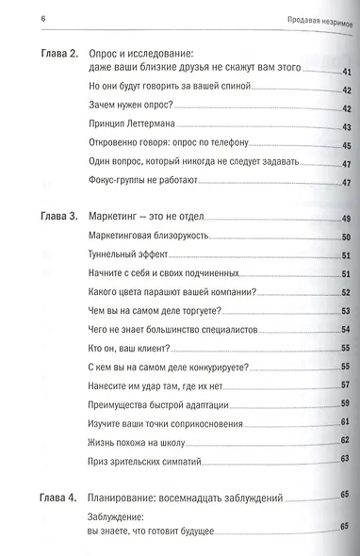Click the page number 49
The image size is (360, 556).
click(x=345, y=219)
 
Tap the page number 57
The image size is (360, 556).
click(x=345, y=386)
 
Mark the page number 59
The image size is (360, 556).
click(x=345, y=403)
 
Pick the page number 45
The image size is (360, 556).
click(x=345, y=144)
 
